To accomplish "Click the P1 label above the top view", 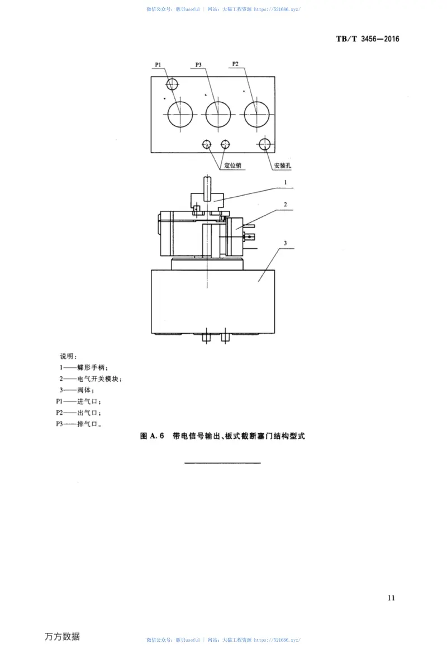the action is [x=158, y=65].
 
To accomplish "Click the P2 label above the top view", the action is [x=235, y=65].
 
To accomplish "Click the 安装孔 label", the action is [x=283, y=166].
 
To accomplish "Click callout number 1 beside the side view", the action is [x=285, y=182].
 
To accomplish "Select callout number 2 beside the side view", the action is [x=285, y=205].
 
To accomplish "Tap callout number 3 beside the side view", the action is [x=285, y=243].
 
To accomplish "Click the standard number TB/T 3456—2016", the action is [x=369, y=39].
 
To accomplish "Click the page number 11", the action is [x=391, y=598].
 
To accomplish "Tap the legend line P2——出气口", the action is [x=78, y=413].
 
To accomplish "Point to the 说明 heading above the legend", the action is [x=69, y=356].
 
